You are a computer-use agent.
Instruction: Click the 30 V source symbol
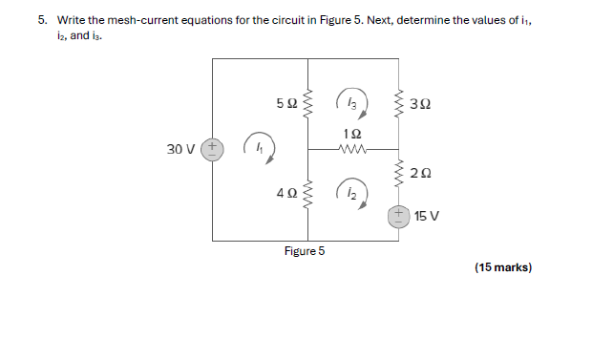(x=212, y=149)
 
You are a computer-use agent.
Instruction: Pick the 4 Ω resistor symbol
(x=307, y=194)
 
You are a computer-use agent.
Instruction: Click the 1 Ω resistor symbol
(x=353, y=149)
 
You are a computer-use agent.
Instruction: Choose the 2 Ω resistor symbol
(x=398, y=173)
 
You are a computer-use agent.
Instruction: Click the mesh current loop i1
(x=259, y=147)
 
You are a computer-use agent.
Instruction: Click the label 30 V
(x=180, y=150)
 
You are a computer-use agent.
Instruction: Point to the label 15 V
(x=427, y=216)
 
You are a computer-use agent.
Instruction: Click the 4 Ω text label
(x=285, y=194)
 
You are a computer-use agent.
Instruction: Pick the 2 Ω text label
(x=420, y=173)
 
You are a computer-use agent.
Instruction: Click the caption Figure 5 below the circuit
(x=305, y=251)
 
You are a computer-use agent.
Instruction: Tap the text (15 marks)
(x=502, y=267)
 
